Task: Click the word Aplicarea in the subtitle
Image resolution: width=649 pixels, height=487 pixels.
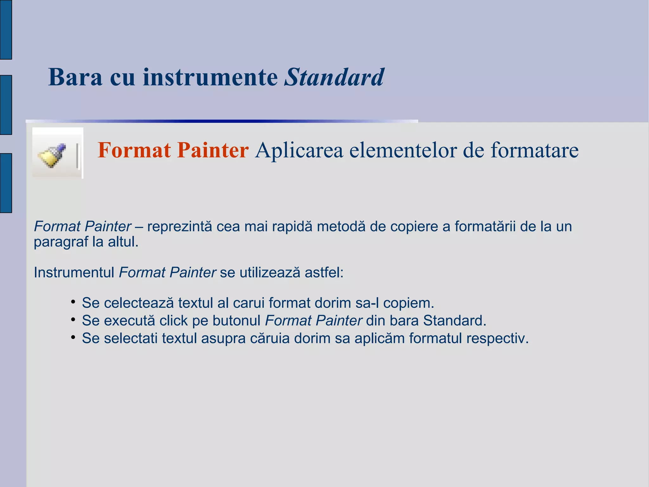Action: pyautogui.click(x=299, y=150)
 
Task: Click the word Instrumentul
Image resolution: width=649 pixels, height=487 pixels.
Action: pyautogui.click(x=74, y=273)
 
